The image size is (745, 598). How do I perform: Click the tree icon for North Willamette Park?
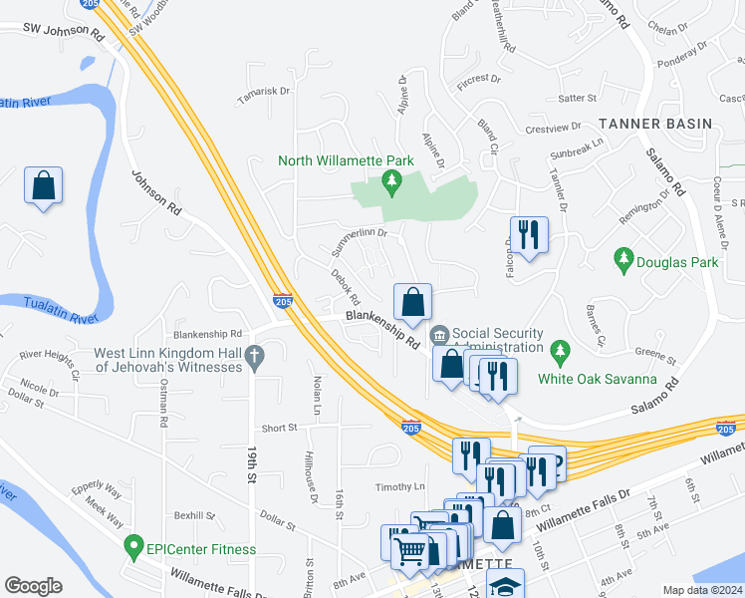tap(391, 179)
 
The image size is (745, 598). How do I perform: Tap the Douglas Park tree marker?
tap(623, 261)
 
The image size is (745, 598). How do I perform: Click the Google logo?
tap(33, 585)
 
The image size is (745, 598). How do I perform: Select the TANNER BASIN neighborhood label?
tap(655, 124)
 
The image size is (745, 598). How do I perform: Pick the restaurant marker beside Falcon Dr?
tap(529, 236)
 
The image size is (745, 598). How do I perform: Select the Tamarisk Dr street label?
tap(263, 98)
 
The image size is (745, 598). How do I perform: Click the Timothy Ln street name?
tap(399, 486)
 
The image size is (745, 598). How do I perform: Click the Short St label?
tap(279, 428)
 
